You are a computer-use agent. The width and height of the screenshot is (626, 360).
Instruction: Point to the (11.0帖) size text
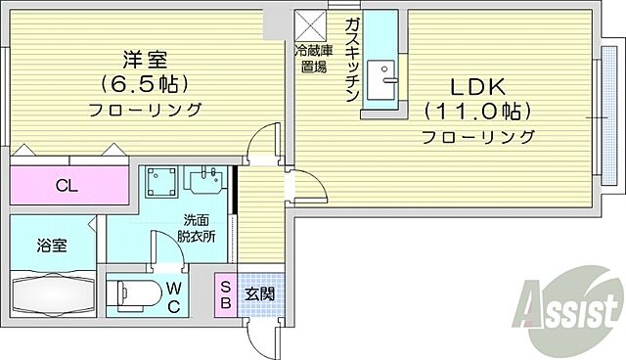[x=477, y=111]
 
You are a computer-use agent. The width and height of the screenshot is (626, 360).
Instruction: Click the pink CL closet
[x=68, y=184]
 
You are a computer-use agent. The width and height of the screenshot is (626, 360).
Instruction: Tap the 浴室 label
[x=53, y=246]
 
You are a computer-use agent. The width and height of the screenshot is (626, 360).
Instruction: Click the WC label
[x=173, y=294]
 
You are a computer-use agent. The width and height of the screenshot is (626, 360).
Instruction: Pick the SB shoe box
[x=225, y=293]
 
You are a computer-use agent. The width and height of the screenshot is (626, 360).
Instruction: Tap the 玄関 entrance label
[x=259, y=293]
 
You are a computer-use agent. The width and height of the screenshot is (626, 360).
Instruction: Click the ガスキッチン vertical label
[x=352, y=59]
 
